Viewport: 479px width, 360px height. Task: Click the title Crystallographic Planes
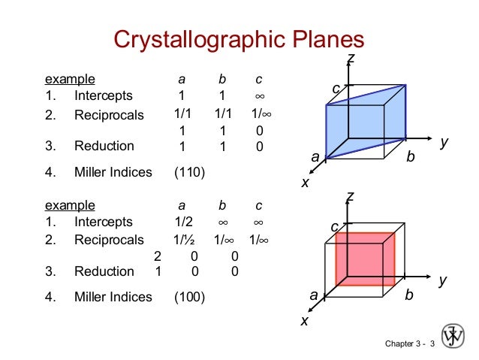[x=238, y=40]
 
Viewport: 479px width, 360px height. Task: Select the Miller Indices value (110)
[x=189, y=173]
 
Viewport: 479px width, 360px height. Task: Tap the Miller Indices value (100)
[x=189, y=297]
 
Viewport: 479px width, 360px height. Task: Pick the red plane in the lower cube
[x=365, y=259]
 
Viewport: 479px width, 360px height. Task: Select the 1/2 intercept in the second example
[x=181, y=222]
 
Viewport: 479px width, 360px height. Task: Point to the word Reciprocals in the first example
[x=108, y=116]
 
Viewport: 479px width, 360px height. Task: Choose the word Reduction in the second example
[x=104, y=271]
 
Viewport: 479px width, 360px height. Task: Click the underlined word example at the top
[x=70, y=78]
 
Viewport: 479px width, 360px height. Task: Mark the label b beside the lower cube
[x=408, y=295]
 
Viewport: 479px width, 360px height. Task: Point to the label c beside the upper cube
[x=336, y=89]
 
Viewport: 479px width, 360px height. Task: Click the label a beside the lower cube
[x=315, y=295]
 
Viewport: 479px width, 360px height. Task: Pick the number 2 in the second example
[x=158, y=256]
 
